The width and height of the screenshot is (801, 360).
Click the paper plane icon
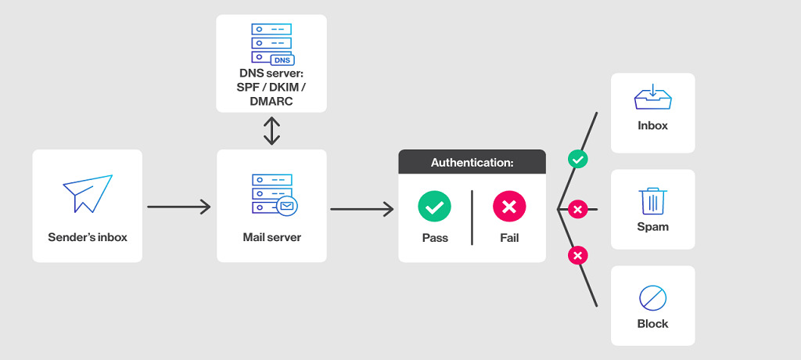(x=87, y=193)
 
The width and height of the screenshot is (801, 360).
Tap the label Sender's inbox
(x=87, y=236)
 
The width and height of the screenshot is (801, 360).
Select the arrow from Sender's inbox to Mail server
(x=178, y=207)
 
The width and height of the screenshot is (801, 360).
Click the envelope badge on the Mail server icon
(x=287, y=207)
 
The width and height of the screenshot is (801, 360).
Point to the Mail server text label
(x=271, y=236)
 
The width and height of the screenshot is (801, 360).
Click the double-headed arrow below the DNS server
(x=271, y=131)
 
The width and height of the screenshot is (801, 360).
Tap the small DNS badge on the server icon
(x=282, y=59)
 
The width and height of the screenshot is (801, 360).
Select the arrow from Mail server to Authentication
(x=361, y=209)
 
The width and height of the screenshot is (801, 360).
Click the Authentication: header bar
(x=472, y=162)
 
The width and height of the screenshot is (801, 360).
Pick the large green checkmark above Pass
(x=434, y=207)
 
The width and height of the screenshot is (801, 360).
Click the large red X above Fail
(x=509, y=207)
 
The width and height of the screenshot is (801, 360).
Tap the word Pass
(x=434, y=237)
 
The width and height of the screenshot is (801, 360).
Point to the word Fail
(x=509, y=237)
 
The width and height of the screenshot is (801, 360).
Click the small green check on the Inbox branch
(x=577, y=160)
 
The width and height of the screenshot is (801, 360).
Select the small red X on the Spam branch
(x=577, y=209)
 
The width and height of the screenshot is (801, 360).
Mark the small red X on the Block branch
(x=577, y=256)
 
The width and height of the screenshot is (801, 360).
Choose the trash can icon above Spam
(x=652, y=201)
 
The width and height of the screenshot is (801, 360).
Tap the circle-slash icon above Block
(x=652, y=298)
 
